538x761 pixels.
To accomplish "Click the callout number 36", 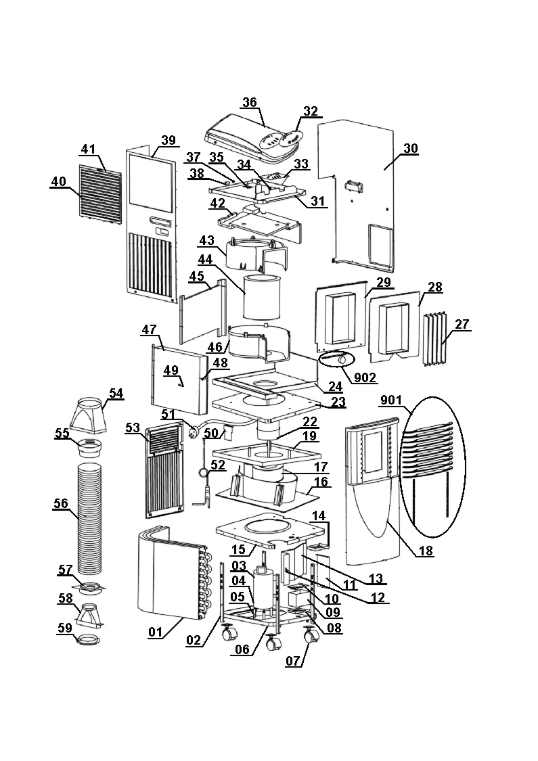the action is [250, 102].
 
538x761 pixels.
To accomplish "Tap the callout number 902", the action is [365, 376].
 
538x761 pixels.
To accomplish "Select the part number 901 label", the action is [391, 400].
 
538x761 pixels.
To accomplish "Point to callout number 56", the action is [61, 504].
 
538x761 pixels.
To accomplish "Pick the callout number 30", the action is [410, 149].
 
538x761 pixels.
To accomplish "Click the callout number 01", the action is [156, 632].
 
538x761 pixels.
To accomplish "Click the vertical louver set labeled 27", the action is [434, 338].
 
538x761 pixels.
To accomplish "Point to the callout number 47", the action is [149, 329].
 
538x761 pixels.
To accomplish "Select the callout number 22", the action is [310, 421].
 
